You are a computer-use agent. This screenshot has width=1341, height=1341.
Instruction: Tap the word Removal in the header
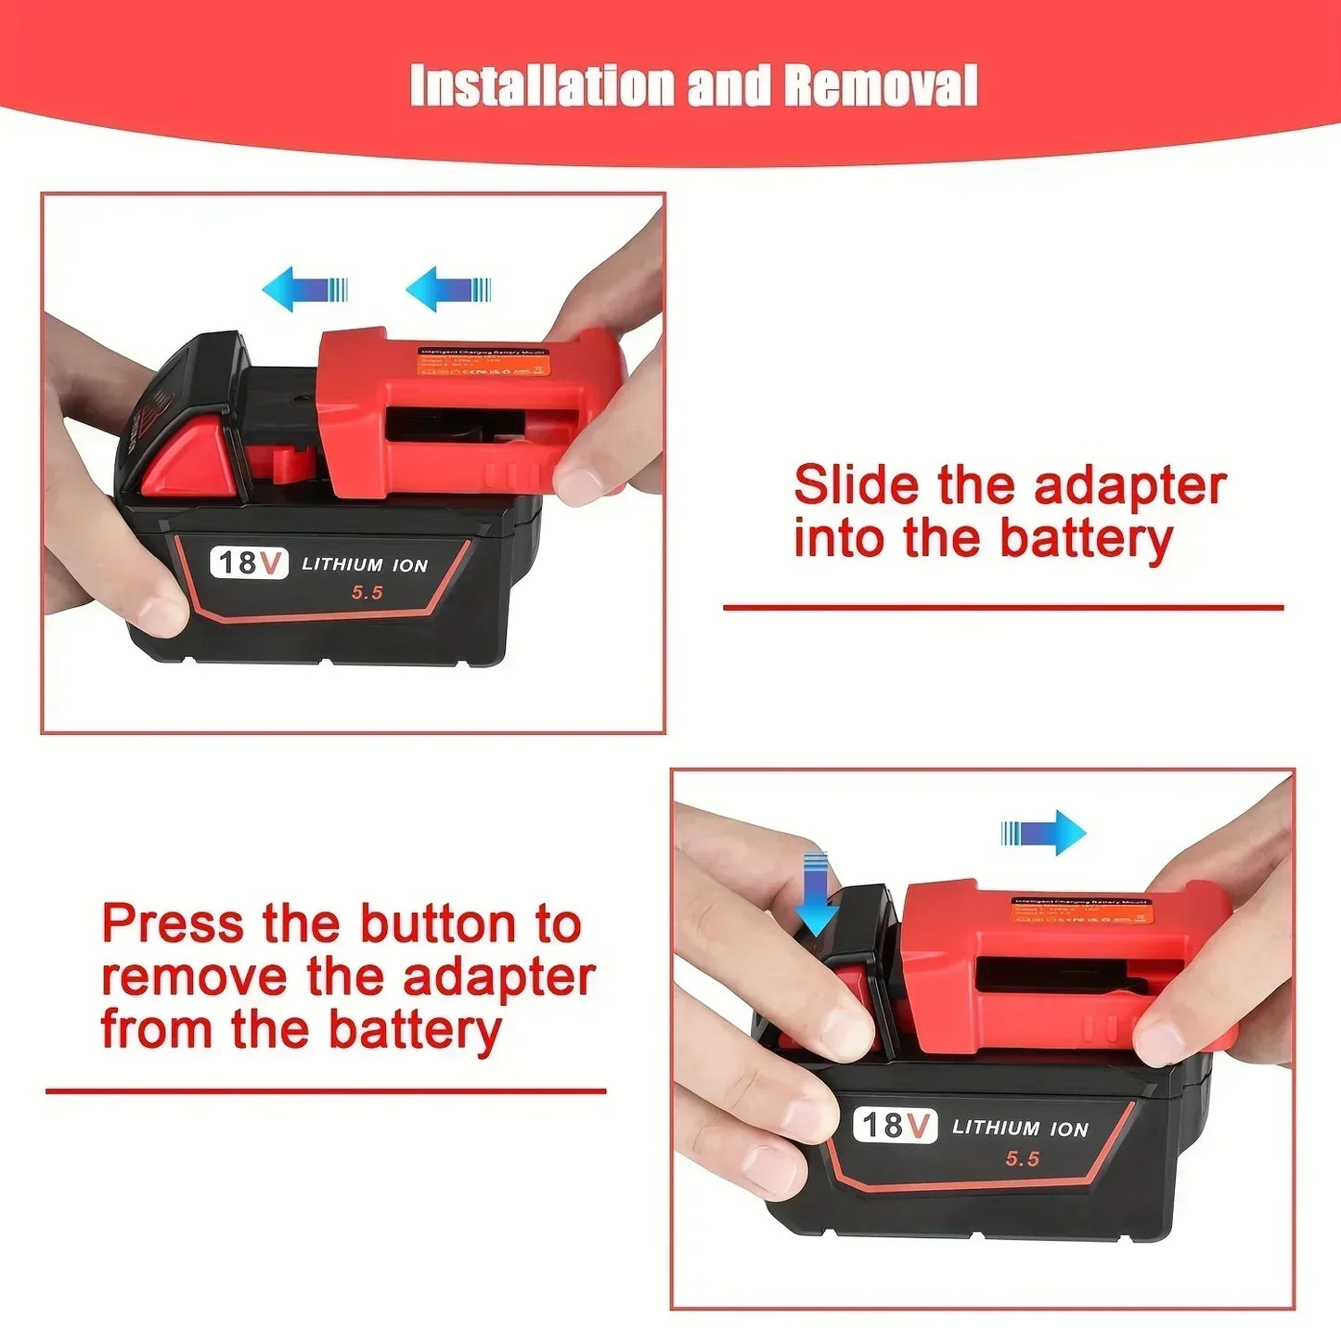[x=880, y=86]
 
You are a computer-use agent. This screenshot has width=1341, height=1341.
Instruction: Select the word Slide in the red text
[x=855, y=485]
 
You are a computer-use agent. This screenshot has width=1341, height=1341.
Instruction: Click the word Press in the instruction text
[x=173, y=924]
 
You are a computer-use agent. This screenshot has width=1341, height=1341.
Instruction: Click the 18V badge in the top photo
[x=249, y=562]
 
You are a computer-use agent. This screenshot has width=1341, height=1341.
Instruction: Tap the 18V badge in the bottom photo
[x=895, y=1125]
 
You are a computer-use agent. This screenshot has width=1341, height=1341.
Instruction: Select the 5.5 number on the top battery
[x=367, y=592]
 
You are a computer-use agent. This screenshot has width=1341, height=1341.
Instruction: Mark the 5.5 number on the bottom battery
[x=1022, y=1158]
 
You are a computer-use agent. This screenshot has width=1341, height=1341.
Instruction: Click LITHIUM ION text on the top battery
[x=365, y=564]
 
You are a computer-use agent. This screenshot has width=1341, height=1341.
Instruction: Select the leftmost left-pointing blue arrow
[x=304, y=289]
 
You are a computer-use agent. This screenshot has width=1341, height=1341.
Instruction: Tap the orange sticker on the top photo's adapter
[x=484, y=362]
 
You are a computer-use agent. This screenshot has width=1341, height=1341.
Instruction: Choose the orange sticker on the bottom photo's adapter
[x=1082, y=910]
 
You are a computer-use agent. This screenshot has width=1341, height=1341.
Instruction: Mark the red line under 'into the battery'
[x=1002, y=608]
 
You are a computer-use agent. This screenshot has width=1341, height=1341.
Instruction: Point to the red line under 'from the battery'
[x=326, y=1091]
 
